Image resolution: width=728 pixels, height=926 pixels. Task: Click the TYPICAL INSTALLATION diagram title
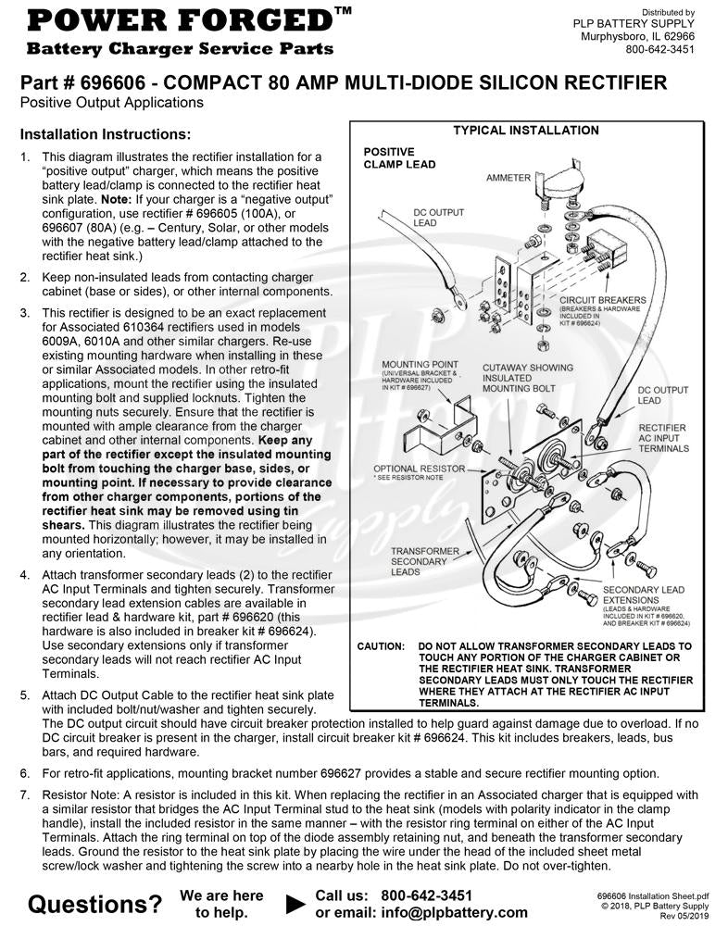pyautogui.click(x=525, y=131)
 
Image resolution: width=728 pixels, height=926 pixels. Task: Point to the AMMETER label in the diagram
pyautogui.click(x=508, y=178)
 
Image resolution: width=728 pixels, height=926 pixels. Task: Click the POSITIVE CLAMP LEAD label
pyautogui.click(x=399, y=157)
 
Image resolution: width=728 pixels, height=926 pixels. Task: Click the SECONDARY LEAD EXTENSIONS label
pyautogui.click(x=643, y=595)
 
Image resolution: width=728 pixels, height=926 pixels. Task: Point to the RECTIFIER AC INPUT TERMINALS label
pyautogui.click(x=663, y=438)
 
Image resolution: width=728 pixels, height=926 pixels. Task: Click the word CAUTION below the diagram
pyautogui.click(x=381, y=645)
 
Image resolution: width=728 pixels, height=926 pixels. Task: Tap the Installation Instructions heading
pyautogui.click(x=106, y=134)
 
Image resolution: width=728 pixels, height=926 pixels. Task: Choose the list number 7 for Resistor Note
pyautogui.click(x=25, y=795)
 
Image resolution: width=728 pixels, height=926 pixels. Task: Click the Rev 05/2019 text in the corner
pyautogui.click(x=684, y=917)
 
